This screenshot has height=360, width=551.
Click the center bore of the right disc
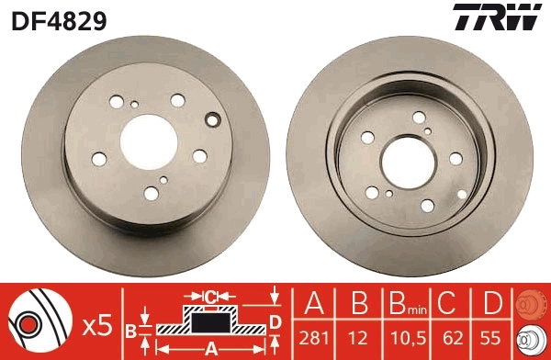click(x=401, y=156)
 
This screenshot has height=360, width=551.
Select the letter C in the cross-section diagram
click(x=209, y=297)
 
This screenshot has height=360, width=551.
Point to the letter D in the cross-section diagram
click(x=275, y=320)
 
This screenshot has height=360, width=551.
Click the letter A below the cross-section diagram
click(x=210, y=348)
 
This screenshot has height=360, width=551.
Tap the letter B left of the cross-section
click(x=131, y=328)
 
